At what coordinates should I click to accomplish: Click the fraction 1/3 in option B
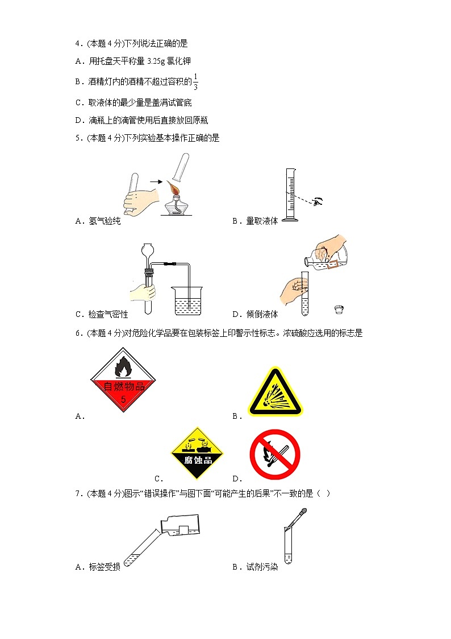pyautogui.click(x=195, y=82)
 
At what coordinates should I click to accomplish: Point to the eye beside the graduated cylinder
pyautogui.click(x=319, y=201)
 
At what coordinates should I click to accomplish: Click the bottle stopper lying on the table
pyautogui.click(x=339, y=309)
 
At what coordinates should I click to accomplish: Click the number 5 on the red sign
pyautogui.click(x=123, y=399)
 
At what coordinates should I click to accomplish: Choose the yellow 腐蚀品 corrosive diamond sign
pyautogui.click(x=198, y=454)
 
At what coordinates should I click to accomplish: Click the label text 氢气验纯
pyautogui.click(x=105, y=221)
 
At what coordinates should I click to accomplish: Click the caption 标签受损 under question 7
pyautogui.click(x=105, y=567)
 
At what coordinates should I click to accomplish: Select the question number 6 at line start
pyautogui.click(x=77, y=333)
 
